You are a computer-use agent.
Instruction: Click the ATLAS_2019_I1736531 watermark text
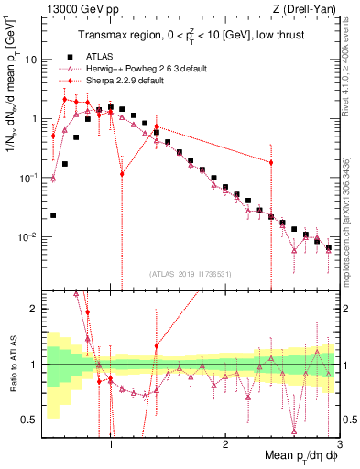pos(190,272)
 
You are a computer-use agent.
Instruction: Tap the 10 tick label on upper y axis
pos(29,60)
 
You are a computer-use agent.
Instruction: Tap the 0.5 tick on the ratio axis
pos(29,420)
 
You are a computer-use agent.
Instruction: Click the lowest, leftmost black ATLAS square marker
pos(53,215)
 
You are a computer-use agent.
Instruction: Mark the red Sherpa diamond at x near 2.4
pos(271,162)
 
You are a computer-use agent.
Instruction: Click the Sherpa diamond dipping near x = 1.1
pos(122,172)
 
